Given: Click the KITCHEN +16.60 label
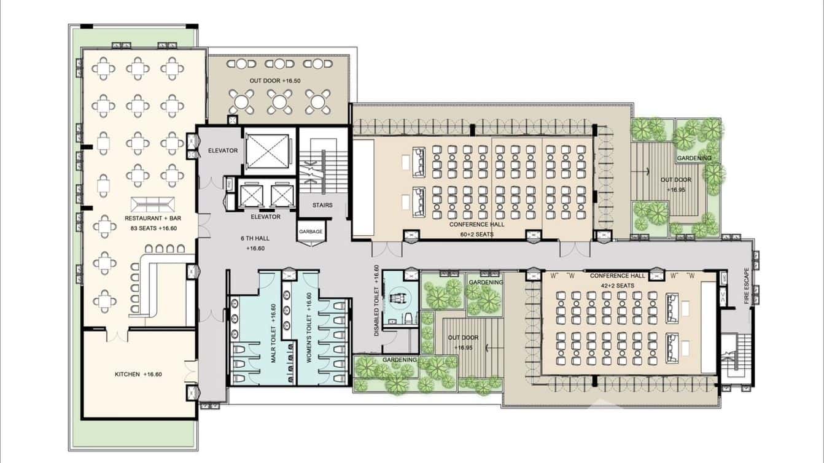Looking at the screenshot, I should [138, 374].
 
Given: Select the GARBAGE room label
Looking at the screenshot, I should [311, 231].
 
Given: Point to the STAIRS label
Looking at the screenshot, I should [322, 205].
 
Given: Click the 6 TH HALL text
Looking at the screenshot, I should [255, 238].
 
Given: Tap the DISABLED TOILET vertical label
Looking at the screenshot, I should [376, 301].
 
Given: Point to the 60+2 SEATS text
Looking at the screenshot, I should [476, 234].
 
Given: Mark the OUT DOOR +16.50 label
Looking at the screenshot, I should [274, 81].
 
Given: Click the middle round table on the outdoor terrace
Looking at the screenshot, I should [280, 101].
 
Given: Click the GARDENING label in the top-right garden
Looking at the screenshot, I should [694, 158].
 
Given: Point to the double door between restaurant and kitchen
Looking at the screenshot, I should [117, 335].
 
